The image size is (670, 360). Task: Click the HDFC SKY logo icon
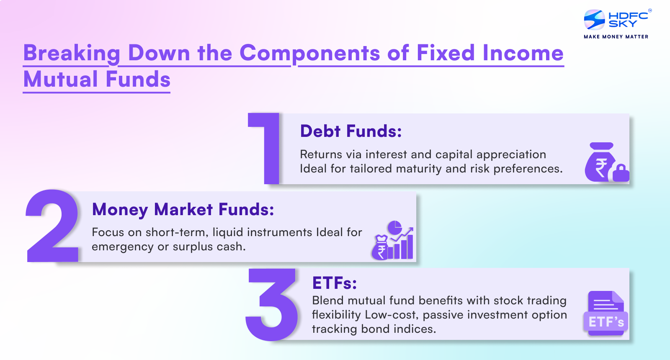coord(594,19)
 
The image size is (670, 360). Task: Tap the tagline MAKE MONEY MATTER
coord(616,37)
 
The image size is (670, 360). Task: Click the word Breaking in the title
coord(72,54)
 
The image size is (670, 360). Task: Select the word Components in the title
coord(309,54)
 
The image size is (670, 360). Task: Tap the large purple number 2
coord(52,226)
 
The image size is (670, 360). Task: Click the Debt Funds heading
coord(351,131)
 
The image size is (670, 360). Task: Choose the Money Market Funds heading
coord(183,209)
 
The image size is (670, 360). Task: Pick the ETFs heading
coord(334,283)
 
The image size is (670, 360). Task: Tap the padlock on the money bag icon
coord(621,173)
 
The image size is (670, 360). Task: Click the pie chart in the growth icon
coord(394,228)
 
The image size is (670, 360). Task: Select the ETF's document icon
coord(606,313)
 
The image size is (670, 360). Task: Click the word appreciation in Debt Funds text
coord(511,154)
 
